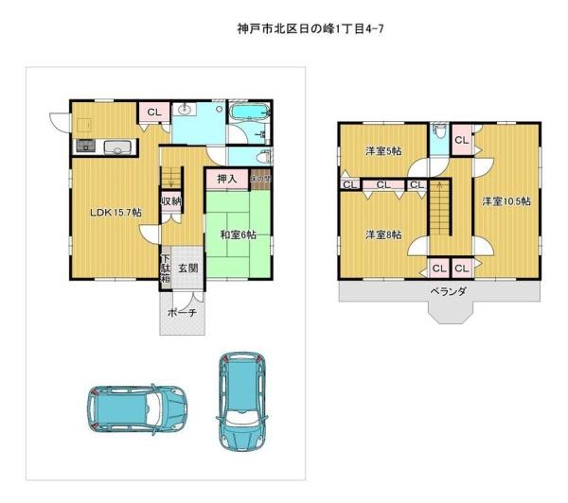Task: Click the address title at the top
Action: pyautogui.click(x=310, y=29)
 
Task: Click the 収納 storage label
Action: pyautogui.click(x=169, y=200)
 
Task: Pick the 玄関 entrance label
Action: pyautogui.click(x=187, y=269)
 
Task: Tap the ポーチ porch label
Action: pyautogui.click(x=181, y=313)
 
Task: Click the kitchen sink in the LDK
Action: pyautogui.click(x=118, y=146)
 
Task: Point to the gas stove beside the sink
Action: pyautogui.click(x=84, y=146)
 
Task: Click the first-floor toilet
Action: pyautogui.click(x=263, y=156)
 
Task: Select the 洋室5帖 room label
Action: pyautogui.click(x=383, y=151)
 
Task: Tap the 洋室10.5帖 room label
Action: pyautogui.click(x=506, y=201)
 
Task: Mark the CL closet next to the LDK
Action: pyautogui.click(x=153, y=112)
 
